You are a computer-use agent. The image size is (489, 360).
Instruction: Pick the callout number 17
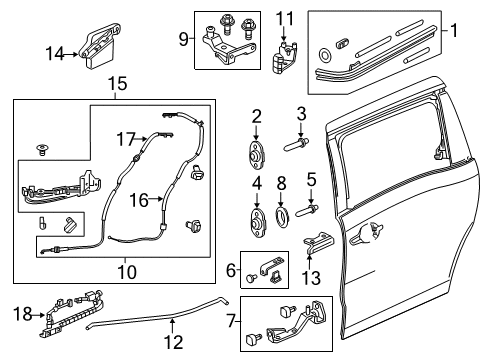tap(124, 138)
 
